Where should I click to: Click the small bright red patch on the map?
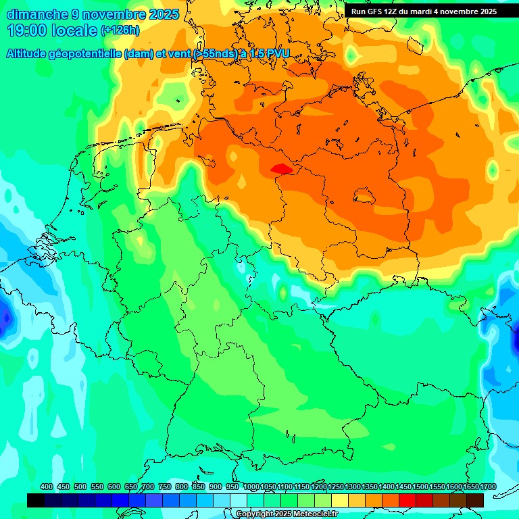coord(280,168)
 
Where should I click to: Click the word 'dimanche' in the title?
coord(37,14)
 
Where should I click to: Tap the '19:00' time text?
coord(26,30)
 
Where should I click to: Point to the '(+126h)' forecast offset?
coord(120,30)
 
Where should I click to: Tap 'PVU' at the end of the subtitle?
coord(277,54)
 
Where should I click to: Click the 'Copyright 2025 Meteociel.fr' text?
coord(287,514)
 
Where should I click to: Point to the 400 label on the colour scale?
coord(47,487)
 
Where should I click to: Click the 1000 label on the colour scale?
coord(251,487)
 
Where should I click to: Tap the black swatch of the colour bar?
coord(36,500)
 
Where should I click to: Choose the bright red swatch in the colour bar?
coord(407,500)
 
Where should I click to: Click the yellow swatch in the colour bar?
coord(340,500)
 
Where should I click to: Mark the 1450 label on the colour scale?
coord(403,487)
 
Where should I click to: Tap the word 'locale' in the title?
coord(74,30)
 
